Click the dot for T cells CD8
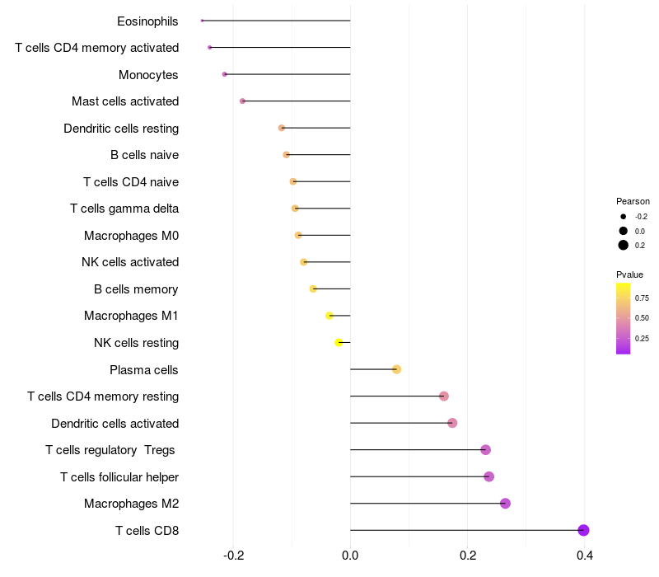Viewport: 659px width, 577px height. click(x=583, y=530)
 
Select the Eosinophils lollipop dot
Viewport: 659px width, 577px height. click(x=202, y=21)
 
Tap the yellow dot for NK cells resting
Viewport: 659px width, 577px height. click(x=339, y=343)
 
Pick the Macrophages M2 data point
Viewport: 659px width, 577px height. click(x=505, y=504)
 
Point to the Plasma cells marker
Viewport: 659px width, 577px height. click(x=396, y=369)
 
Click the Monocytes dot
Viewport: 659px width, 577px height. click(x=224, y=74)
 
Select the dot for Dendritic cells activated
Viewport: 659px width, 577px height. click(x=452, y=423)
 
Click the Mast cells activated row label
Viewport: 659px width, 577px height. click(x=125, y=101)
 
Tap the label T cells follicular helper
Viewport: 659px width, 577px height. click(x=119, y=477)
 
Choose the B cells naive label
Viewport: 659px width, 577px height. click(x=145, y=155)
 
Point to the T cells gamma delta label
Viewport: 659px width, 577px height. click(x=124, y=209)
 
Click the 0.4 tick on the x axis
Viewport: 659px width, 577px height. click(x=585, y=556)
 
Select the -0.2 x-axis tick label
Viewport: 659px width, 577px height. click(x=234, y=556)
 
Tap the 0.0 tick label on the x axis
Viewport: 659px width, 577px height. click(x=350, y=556)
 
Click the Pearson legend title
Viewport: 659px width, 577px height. click(x=633, y=201)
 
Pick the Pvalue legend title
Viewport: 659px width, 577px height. click(x=629, y=274)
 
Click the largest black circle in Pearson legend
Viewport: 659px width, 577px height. click(x=624, y=245)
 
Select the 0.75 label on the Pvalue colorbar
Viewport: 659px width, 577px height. click(x=642, y=298)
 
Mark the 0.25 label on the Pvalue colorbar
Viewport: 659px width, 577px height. click(x=642, y=339)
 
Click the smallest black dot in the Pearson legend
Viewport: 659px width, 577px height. click(x=624, y=217)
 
